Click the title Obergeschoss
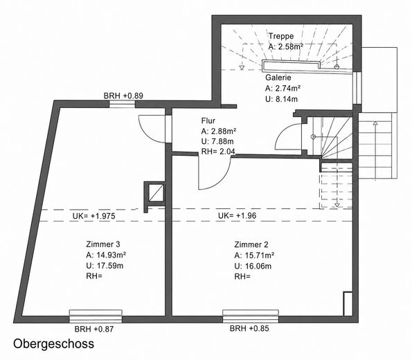click(x=53, y=343)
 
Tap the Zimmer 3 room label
click(x=103, y=244)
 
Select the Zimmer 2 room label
click(x=251, y=244)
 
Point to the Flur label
click(x=208, y=120)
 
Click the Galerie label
click(x=278, y=78)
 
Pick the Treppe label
click(x=281, y=36)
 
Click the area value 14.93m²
click(x=109, y=255)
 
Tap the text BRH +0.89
click(x=123, y=96)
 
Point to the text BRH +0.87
click(x=94, y=329)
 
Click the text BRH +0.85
click(x=249, y=328)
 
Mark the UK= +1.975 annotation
click(x=93, y=216)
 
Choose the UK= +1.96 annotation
click(x=237, y=216)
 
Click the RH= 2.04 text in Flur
click(x=218, y=152)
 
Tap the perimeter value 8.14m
click(x=285, y=99)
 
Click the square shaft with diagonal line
click(x=156, y=192)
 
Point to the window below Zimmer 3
click(x=96, y=316)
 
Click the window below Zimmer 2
click(x=251, y=316)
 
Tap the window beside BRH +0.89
click(x=122, y=105)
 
